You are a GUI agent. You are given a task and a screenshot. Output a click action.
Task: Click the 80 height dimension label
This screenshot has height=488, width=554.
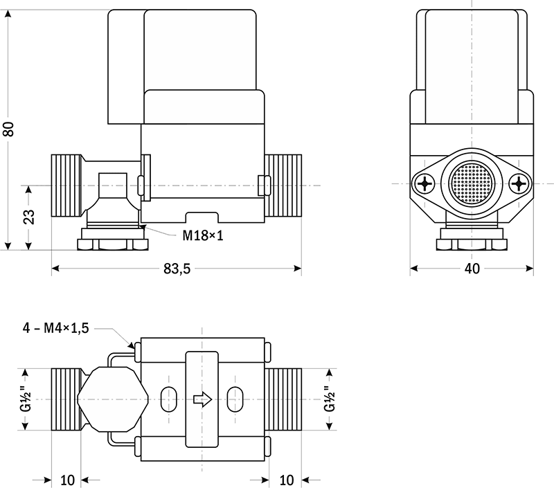pyautogui.click(x=9, y=129)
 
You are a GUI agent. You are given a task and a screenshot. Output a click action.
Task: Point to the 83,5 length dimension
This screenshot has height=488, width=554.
pyautogui.click(x=177, y=269)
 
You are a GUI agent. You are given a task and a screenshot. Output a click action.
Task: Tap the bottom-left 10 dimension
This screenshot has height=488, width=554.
pyautogui.click(x=66, y=480)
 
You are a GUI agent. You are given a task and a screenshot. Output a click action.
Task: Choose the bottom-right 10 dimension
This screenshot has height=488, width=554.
pyautogui.click(x=286, y=480)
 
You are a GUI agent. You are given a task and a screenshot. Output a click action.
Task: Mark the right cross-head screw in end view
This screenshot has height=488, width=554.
pyautogui.click(x=520, y=184)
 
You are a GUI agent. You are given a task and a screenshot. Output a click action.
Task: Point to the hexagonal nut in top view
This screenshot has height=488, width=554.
pyautogui.click(x=111, y=399)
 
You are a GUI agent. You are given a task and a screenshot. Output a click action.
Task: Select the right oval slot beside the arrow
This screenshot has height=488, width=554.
pyautogui.click(x=235, y=399)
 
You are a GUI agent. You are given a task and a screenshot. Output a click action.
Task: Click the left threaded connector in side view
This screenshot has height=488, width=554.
pyautogui.click(x=66, y=186)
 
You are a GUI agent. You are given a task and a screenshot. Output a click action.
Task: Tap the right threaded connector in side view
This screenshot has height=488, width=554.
pyautogui.click(x=285, y=186)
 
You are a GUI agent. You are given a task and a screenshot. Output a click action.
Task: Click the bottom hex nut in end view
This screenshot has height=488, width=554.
pyautogui.click(x=471, y=244)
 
